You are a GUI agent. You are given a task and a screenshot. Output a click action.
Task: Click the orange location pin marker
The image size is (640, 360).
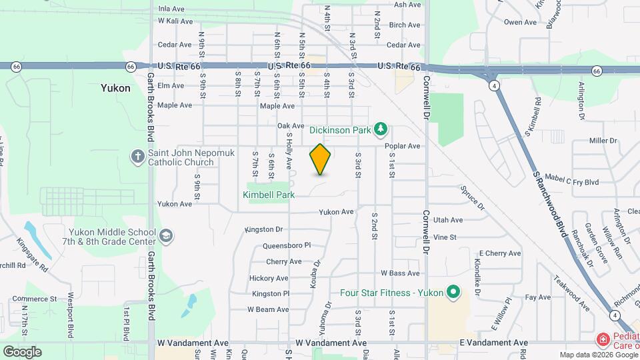(x=320, y=159)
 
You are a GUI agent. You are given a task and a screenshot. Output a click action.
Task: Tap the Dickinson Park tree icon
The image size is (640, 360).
(x=380, y=128)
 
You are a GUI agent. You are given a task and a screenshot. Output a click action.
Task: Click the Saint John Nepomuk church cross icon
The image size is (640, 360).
(x=137, y=156)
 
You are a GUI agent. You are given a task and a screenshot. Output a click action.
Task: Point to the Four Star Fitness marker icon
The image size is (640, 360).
(x=453, y=292)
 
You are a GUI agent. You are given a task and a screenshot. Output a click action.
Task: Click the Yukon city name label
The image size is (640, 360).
(x=115, y=88)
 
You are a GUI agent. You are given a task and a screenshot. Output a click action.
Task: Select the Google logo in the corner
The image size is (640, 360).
(x=22, y=351)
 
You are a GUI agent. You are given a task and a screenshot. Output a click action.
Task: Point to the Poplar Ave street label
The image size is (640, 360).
(x=406, y=146)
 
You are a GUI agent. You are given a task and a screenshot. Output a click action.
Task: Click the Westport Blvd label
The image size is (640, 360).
(x=69, y=323)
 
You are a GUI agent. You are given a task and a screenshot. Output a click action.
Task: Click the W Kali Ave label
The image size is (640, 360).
(x=175, y=21)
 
